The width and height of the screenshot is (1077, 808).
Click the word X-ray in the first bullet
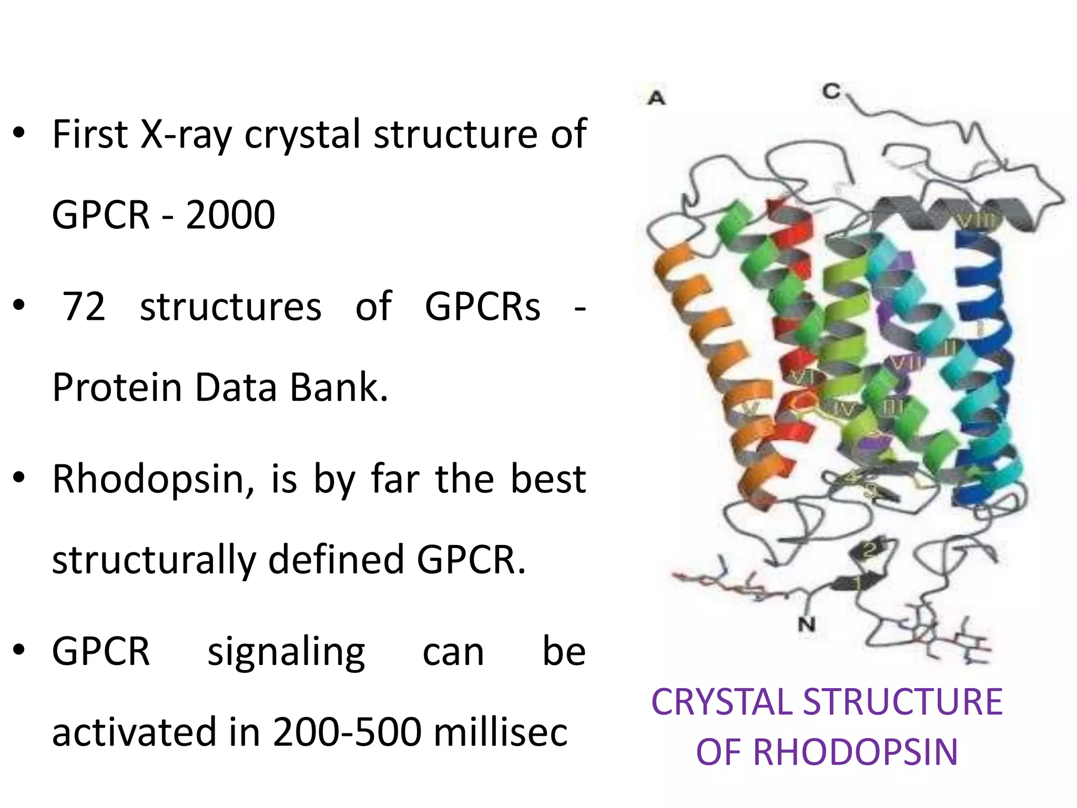[186, 135]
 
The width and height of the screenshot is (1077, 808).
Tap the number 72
[84, 306]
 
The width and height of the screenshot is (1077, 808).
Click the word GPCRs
[482, 306]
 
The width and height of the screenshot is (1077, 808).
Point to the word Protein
[117, 387]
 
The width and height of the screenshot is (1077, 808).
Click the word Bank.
[339, 387]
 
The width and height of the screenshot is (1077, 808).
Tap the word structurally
[154, 560]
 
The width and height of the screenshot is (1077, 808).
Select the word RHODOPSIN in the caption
[855, 752]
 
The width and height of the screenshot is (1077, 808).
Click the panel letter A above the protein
[657, 98]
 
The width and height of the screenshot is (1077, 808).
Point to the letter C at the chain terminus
[831, 92]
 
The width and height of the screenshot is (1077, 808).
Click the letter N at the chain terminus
[806, 624]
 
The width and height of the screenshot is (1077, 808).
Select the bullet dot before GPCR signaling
[19, 650]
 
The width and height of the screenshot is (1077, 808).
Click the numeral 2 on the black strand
[869, 550]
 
